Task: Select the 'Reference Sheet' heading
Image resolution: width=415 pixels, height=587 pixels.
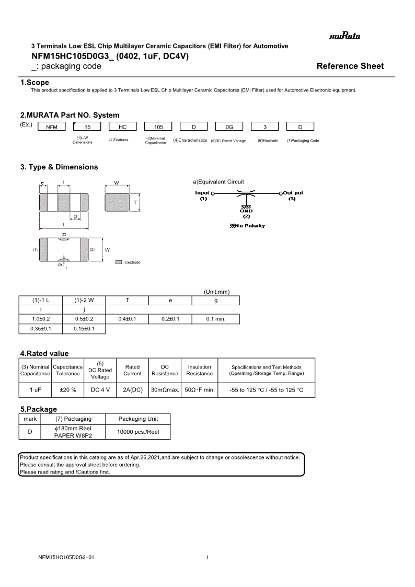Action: [350, 66]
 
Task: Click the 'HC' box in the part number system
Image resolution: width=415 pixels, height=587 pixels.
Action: [123, 126]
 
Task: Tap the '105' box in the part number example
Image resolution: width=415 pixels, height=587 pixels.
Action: [158, 126]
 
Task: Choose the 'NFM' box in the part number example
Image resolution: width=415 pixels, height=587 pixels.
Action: [52, 126]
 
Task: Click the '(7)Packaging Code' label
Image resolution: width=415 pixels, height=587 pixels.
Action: [303, 141]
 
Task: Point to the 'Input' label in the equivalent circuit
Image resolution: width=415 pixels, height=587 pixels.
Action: [202, 193]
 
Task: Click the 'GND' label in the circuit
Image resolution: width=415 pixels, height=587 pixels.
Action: [246, 211]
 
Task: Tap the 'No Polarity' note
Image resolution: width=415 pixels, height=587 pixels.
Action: [247, 226]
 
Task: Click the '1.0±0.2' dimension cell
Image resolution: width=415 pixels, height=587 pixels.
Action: [40, 319]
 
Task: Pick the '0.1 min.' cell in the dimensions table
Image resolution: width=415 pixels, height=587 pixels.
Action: [215, 319]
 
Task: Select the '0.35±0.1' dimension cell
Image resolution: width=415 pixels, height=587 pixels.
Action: [40, 329]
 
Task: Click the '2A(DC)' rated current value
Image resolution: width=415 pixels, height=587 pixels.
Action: [132, 390]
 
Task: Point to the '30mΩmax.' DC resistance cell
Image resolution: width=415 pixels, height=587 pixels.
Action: [165, 390]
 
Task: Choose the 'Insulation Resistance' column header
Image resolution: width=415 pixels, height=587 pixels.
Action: [199, 370]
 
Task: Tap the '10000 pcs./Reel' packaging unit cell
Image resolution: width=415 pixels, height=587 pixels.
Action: [138, 432]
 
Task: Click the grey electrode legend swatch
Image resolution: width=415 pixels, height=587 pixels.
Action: [119, 262]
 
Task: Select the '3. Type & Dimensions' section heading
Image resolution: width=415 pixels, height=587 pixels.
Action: [59, 167]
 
